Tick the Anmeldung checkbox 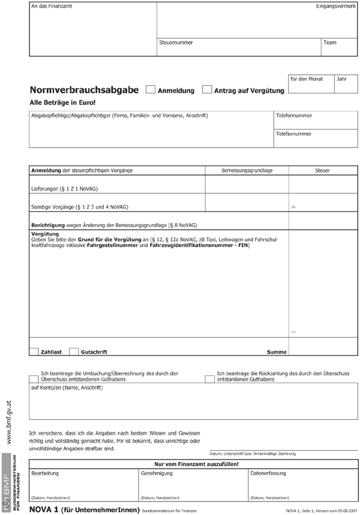coord(151,90)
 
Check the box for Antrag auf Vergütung coord(207,90)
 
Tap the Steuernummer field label coord(176,43)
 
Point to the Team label coord(330,43)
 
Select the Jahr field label coord(342,79)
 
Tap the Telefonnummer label coord(294,115)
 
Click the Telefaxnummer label coord(294,134)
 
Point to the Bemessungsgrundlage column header coord(247,171)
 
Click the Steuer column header coord(323,171)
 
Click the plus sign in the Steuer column coord(293,207)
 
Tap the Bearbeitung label coord(45,473)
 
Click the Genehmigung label coord(157,473)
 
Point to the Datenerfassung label coord(268,473)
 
